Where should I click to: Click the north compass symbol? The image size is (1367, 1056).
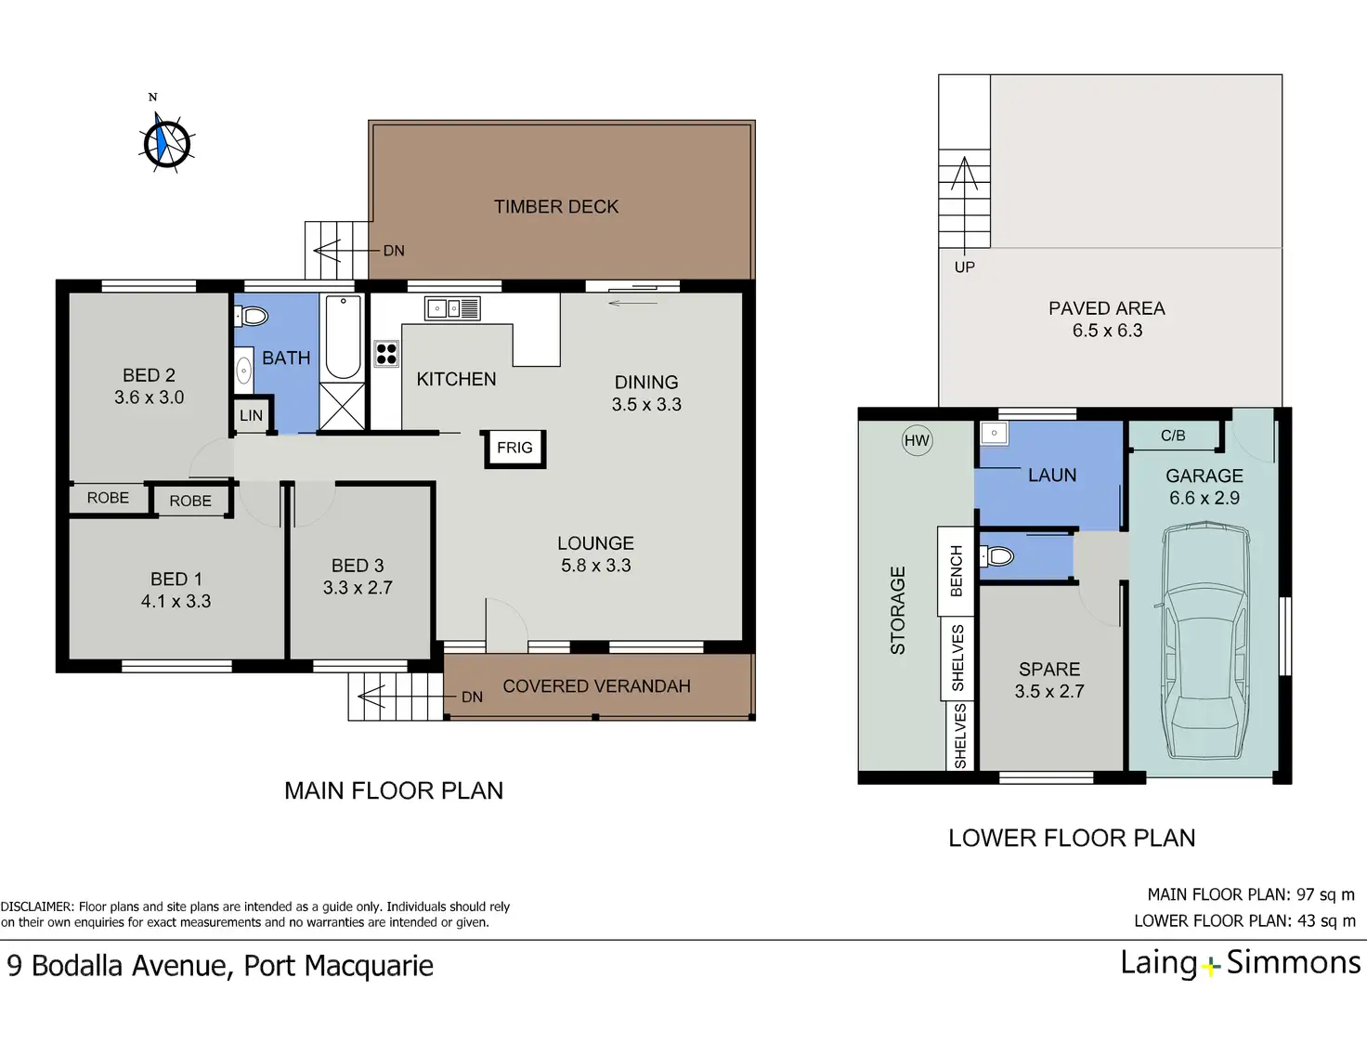pos(167,142)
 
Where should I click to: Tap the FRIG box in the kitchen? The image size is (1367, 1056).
pos(514,449)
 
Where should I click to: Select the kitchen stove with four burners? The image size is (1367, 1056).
pos(386,354)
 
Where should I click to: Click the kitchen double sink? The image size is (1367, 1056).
pos(452,308)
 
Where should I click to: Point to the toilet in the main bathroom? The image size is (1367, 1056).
pos(252,316)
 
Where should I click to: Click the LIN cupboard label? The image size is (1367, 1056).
pos(251,415)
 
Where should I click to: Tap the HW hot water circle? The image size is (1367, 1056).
pos(917,440)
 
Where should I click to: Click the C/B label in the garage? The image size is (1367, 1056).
pos(1173,436)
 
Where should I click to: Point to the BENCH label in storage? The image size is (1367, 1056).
pos(957,570)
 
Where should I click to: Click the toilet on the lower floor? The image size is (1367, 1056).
pos(996,556)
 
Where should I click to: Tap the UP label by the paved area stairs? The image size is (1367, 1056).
pos(964,267)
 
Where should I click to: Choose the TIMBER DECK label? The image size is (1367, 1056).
pos(556,207)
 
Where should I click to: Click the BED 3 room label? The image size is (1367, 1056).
pos(358,566)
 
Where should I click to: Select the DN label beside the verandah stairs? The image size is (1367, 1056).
pos(472,697)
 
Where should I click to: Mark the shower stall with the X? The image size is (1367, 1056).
pos(343,406)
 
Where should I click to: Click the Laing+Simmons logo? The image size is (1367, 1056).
pos(1241,964)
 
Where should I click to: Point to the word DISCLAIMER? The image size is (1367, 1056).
pos(37,907)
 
